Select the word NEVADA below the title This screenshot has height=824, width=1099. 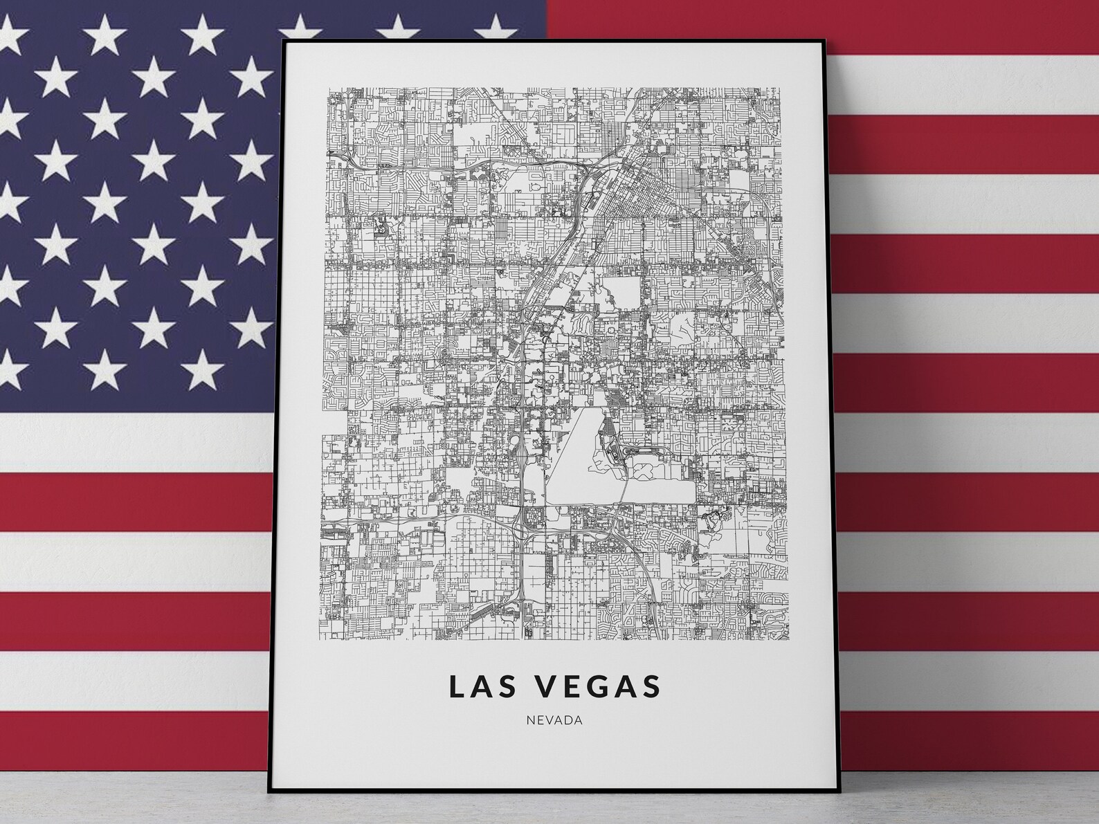554,720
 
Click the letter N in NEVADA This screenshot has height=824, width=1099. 530,720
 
